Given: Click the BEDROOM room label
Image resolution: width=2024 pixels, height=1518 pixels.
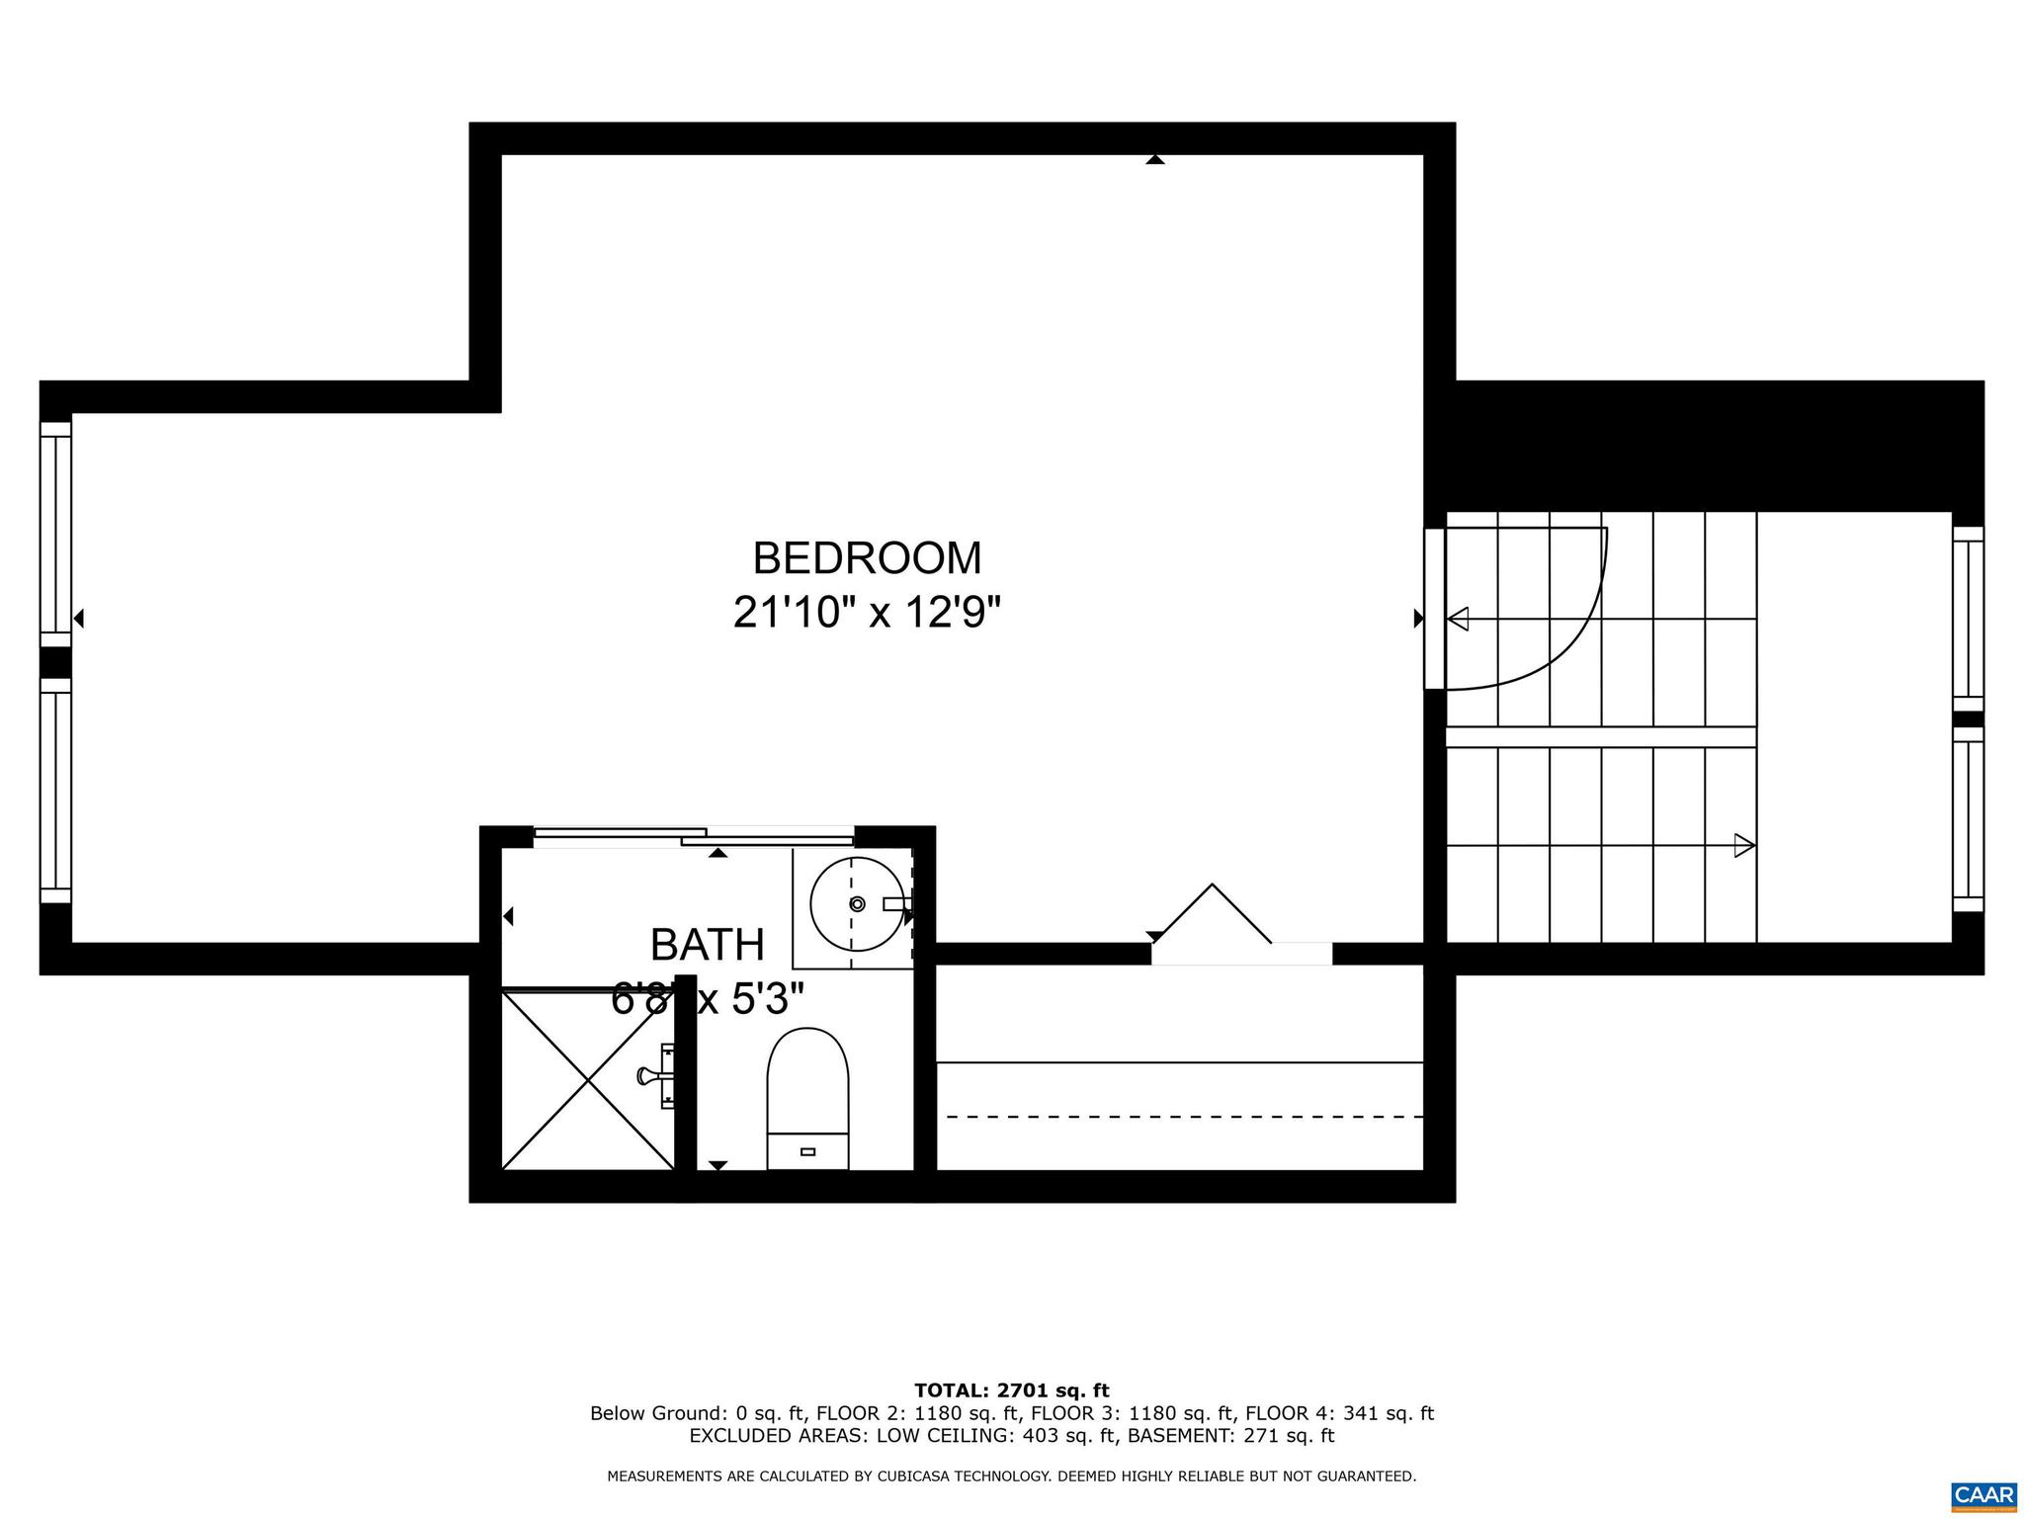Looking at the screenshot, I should pyautogui.click(x=867, y=558).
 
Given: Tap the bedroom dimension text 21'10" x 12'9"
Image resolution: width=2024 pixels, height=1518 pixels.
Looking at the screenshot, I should pyautogui.click(x=867, y=613).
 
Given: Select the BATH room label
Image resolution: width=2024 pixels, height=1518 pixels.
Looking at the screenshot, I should pyautogui.click(x=708, y=946).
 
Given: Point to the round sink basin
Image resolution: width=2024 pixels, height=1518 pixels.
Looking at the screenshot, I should pyautogui.click(x=856, y=903).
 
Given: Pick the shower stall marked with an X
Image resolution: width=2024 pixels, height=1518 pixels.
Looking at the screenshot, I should pyautogui.click(x=588, y=1080).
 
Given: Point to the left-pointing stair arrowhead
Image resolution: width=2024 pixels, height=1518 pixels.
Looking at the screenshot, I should pyautogui.click(x=1458, y=620).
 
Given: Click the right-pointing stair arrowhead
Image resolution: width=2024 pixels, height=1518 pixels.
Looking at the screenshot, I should pyautogui.click(x=1744, y=846).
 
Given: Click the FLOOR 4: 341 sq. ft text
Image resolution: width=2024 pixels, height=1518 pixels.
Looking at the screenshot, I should pyautogui.click(x=1339, y=1413).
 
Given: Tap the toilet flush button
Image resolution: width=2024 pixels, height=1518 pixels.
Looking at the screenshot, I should pyautogui.click(x=807, y=1151).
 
